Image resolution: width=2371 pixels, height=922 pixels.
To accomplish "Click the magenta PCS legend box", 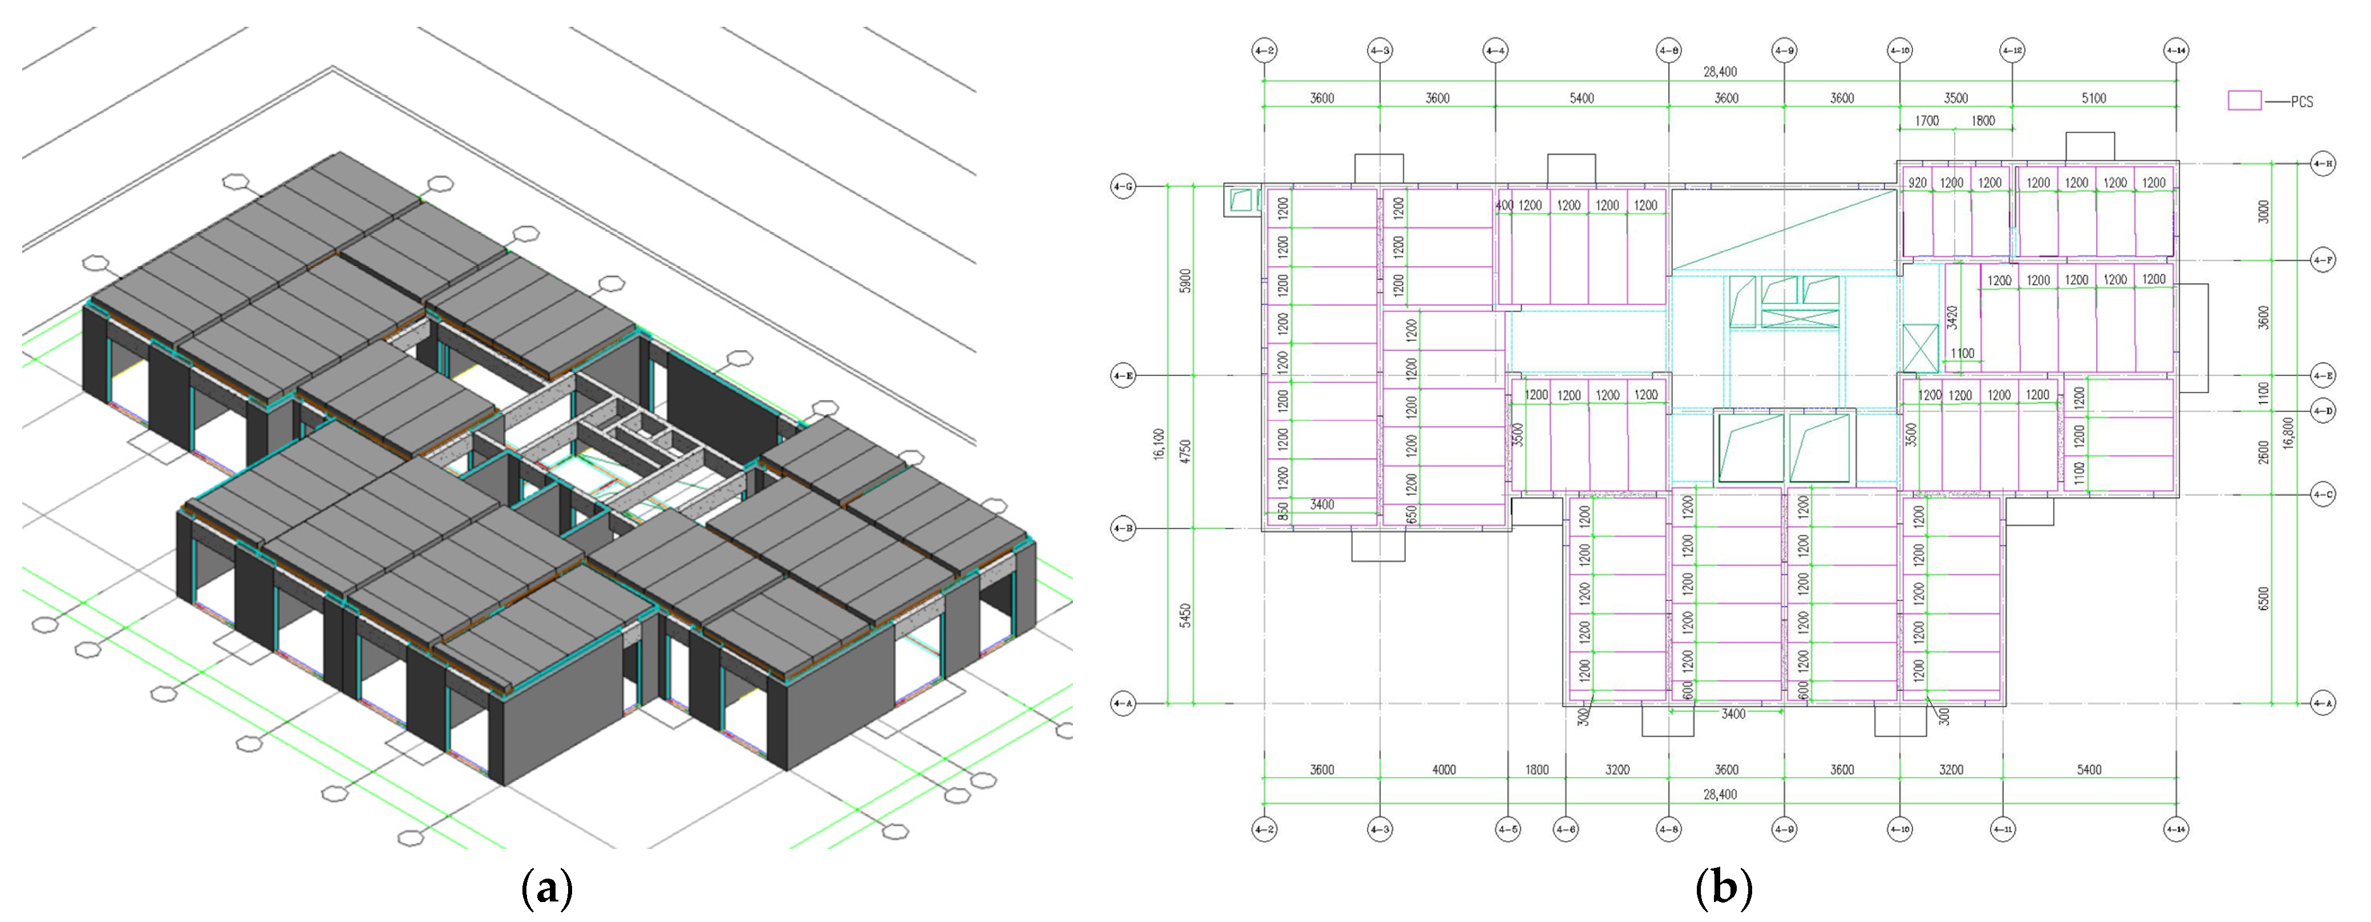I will pyautogui.click(x=2244, y=100).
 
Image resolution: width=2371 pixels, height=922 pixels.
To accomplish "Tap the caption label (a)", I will pyautogui.click(x=547, y=889).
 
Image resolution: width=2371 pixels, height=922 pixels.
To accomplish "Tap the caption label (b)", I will pyautogui.click(x=1723, y=889).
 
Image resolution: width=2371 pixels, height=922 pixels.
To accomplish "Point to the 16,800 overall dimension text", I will pyautogui.click(x=2288, y=432).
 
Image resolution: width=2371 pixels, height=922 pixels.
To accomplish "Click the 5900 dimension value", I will pyautogui.click(x=1185, y=281).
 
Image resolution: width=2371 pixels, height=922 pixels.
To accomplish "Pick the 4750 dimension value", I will pyautogui.click(x=1185, y=451).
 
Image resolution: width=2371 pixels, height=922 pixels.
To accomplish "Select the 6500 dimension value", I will pyautogui.click(x=2263, y=598).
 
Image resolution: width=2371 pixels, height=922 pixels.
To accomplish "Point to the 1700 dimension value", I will pyautogui.click(x=1927, y=120).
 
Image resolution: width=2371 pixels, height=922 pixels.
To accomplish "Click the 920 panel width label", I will pyautogui.click(x=1917, y=183).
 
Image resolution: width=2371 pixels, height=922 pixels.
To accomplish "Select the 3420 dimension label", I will pyautogui.click(x=1952, y=318).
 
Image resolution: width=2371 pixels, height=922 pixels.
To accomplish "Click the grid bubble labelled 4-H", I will pyautogui.click(x=2323, y=164).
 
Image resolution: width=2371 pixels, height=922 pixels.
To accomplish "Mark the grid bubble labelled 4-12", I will pyautogui.click(x=2012, y=51).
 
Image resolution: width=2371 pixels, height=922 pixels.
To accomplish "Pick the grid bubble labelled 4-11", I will pyautogui.click(x=2003, y=829).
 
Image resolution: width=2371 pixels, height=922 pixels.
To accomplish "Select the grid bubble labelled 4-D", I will pyautogui.click(x=2323, y=411).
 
